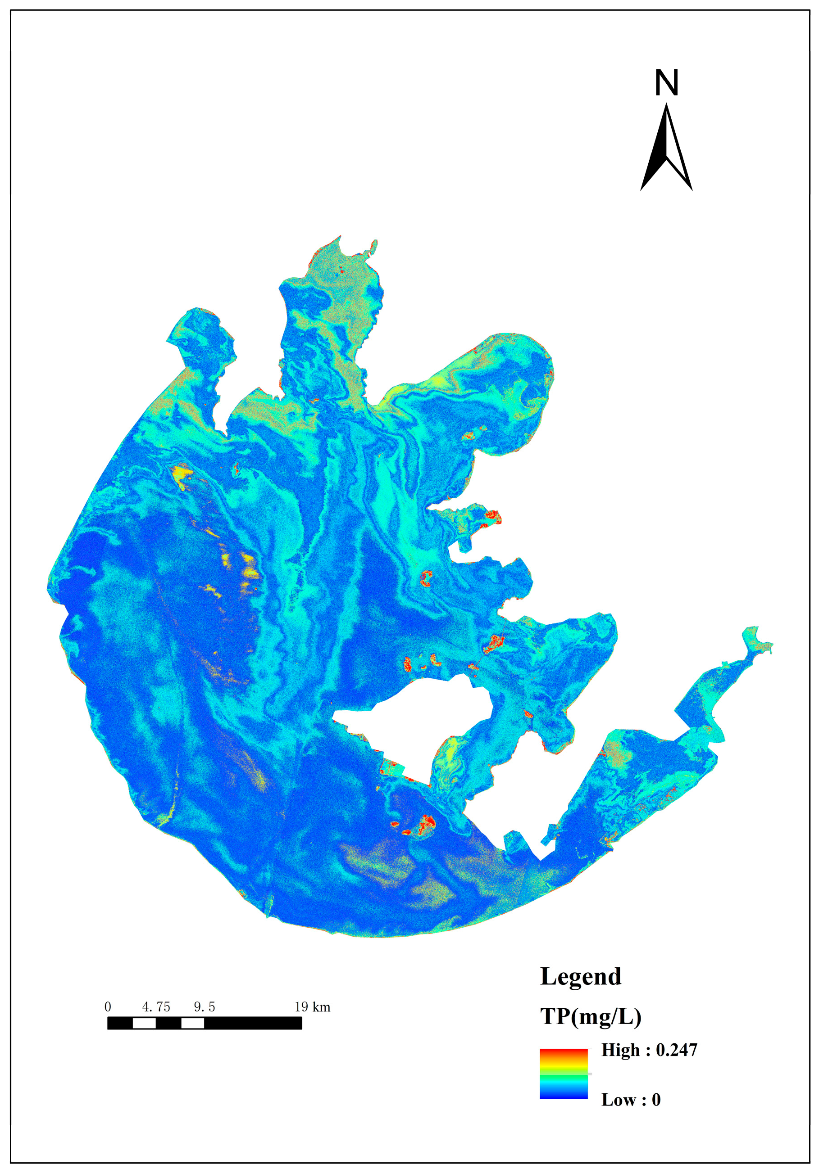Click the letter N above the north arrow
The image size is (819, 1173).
point(666,83)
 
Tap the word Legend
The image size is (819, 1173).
point(580,976)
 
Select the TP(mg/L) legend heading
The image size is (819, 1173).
point(591,1017)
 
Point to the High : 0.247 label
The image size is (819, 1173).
point(649,1050)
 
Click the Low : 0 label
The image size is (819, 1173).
point(630,1100)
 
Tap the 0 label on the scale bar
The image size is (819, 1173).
point(107,1007)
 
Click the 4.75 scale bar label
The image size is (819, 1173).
point(156,1007)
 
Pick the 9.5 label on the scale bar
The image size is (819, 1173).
point(205,1007)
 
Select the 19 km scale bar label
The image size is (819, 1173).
point(312,1007)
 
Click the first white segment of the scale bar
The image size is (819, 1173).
point(144,1023)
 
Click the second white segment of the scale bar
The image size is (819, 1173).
point(193,1023)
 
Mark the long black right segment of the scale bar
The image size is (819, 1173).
point(253,1023)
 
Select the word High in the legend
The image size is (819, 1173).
point(620,1050)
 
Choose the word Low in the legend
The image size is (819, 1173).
point(618,1100)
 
